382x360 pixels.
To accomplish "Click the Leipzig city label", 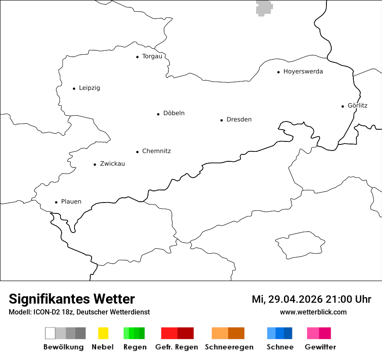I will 89,88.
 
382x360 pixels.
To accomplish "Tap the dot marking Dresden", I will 221,120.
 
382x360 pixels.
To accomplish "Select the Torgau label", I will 152,56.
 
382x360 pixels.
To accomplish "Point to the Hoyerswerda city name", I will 303,72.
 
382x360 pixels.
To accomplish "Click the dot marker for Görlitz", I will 343,106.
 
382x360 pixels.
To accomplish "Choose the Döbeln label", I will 174,113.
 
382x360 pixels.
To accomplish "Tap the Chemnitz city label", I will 156,151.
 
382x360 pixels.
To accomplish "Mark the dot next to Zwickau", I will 95,164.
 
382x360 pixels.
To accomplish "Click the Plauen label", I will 71,202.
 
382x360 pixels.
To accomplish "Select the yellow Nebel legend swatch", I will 103,333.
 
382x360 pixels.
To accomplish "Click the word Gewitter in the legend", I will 320,347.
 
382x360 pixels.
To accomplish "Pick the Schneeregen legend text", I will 229,347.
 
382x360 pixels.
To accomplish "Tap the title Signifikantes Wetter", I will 72,299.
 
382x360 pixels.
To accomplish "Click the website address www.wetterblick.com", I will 313,312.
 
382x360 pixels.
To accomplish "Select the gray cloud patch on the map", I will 264,7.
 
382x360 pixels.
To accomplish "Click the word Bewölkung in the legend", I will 63,347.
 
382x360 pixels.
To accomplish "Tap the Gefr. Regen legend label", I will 176,347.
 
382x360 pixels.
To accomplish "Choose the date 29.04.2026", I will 294,299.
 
